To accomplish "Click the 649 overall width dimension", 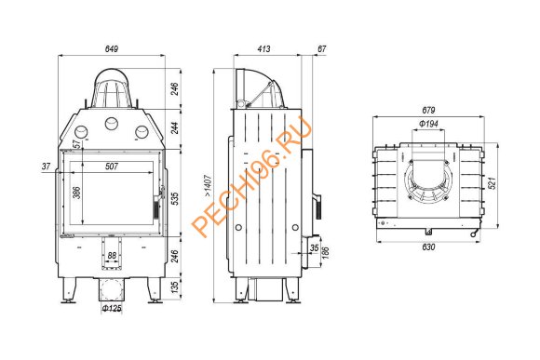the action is [x=112, y=49].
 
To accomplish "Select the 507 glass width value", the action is [x=112, y=167].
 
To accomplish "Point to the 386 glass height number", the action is [x=76, y=193].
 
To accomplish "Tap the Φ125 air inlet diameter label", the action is [x=112, y=308].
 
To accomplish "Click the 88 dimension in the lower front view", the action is [x=112, y=256].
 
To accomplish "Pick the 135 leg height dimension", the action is [x=175, y=287].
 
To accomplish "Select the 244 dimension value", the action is [x=175, y=128].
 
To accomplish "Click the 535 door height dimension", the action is [x=175, y=199].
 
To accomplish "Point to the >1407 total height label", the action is [x=208, y=186].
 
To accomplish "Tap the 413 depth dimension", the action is [x=263, y=49].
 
